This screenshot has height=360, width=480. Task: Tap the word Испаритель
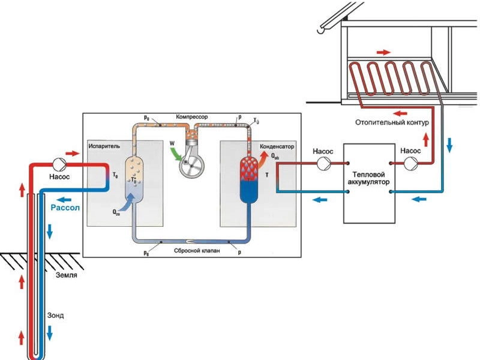click(105, 146)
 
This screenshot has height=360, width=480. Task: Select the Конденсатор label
click(277, 146)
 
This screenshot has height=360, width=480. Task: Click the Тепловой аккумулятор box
click(369, 180)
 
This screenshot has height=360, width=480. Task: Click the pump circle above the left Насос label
click(59, 163)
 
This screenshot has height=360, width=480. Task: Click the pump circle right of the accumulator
click(411, 163)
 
